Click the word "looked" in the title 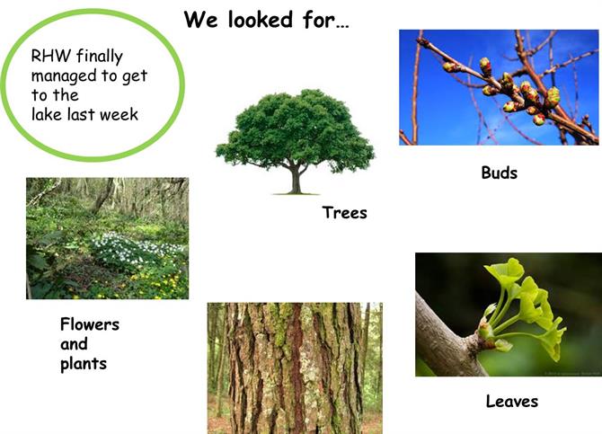tap(261, 19)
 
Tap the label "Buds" tap(499, 173)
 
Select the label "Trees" tap(344, 212)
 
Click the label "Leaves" tap(512, 402)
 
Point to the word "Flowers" tap(90, 324)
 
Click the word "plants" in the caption tap(84, 364)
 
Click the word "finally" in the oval tap(100, 57)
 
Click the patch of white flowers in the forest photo tap(135, 248)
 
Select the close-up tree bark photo tap(295, 368)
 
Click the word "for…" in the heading tap(325, 19)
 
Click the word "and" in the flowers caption tap(74, 344)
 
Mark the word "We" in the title tap(200, 19)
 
